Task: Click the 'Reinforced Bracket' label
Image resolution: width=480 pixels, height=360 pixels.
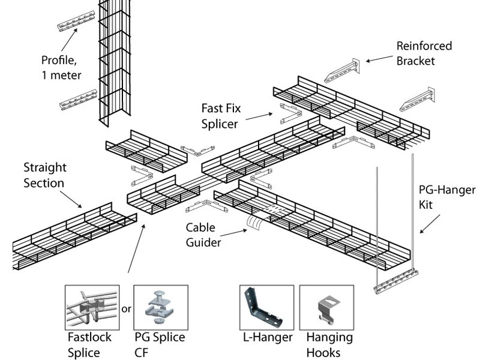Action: tap(424, 53)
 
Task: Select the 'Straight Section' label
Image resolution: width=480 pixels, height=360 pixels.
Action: tap(45, 175)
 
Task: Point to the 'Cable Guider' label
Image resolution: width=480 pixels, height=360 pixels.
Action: tap(203, 235)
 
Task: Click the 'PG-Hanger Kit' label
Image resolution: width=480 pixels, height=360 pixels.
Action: tap(446, 197)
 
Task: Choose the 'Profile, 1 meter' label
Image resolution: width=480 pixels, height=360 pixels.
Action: tap(61, 67)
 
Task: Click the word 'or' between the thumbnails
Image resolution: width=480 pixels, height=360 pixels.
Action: tap(126, 310)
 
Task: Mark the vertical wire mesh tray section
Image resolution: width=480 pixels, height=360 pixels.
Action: tap(114, 60)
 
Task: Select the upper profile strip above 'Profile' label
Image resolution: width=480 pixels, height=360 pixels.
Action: tap(76, 21)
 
